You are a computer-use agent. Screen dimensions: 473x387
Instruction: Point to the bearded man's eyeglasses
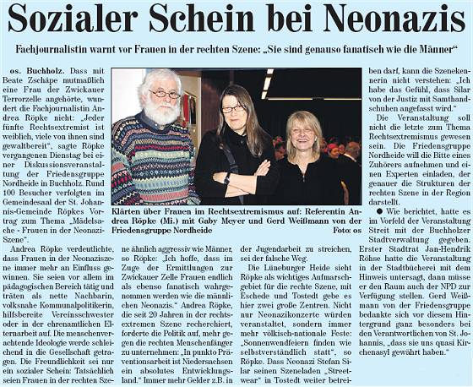[x=165, y=94]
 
